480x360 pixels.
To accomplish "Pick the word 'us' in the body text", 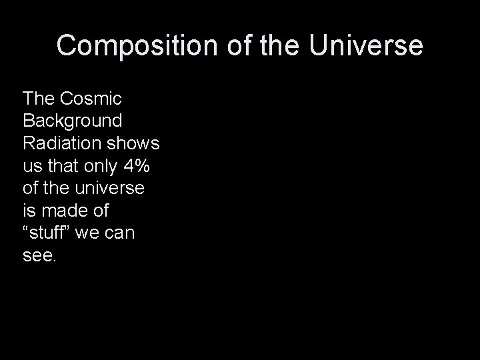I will click(31, 166).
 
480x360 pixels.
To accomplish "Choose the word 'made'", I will click(64, 211).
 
